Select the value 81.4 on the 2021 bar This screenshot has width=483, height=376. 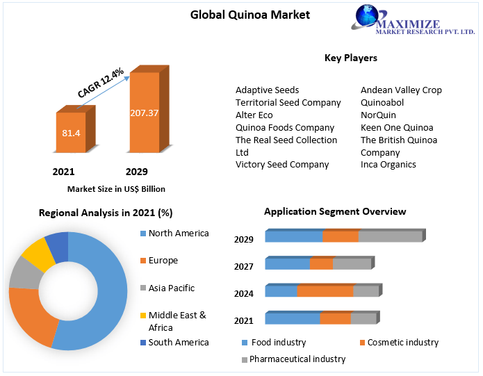click(x=70, y=132)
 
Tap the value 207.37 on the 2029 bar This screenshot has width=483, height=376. click(x=144, y=113)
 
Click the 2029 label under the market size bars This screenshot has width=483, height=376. click(x=136, y=172)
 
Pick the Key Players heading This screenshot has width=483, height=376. click(x=351, y=58)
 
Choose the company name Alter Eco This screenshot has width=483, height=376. click(x=254, y=115)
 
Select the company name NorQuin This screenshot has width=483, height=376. click(x=378, y=115)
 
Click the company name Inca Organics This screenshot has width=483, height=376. click(x=388, y=165)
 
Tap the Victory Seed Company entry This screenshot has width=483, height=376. click(x=282, y=165)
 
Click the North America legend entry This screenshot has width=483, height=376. click(x=178, y=234)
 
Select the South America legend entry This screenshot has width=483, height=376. click(x=178, y=342)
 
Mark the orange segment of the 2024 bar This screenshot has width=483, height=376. click(x=325, y=291)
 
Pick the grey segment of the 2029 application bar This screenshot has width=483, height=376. click(x=390, y=236)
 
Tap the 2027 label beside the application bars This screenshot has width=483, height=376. click(x=244, y=266)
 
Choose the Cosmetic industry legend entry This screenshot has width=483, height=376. click(x=402, y=342)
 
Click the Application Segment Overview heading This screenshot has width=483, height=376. click(x=335, y=211)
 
